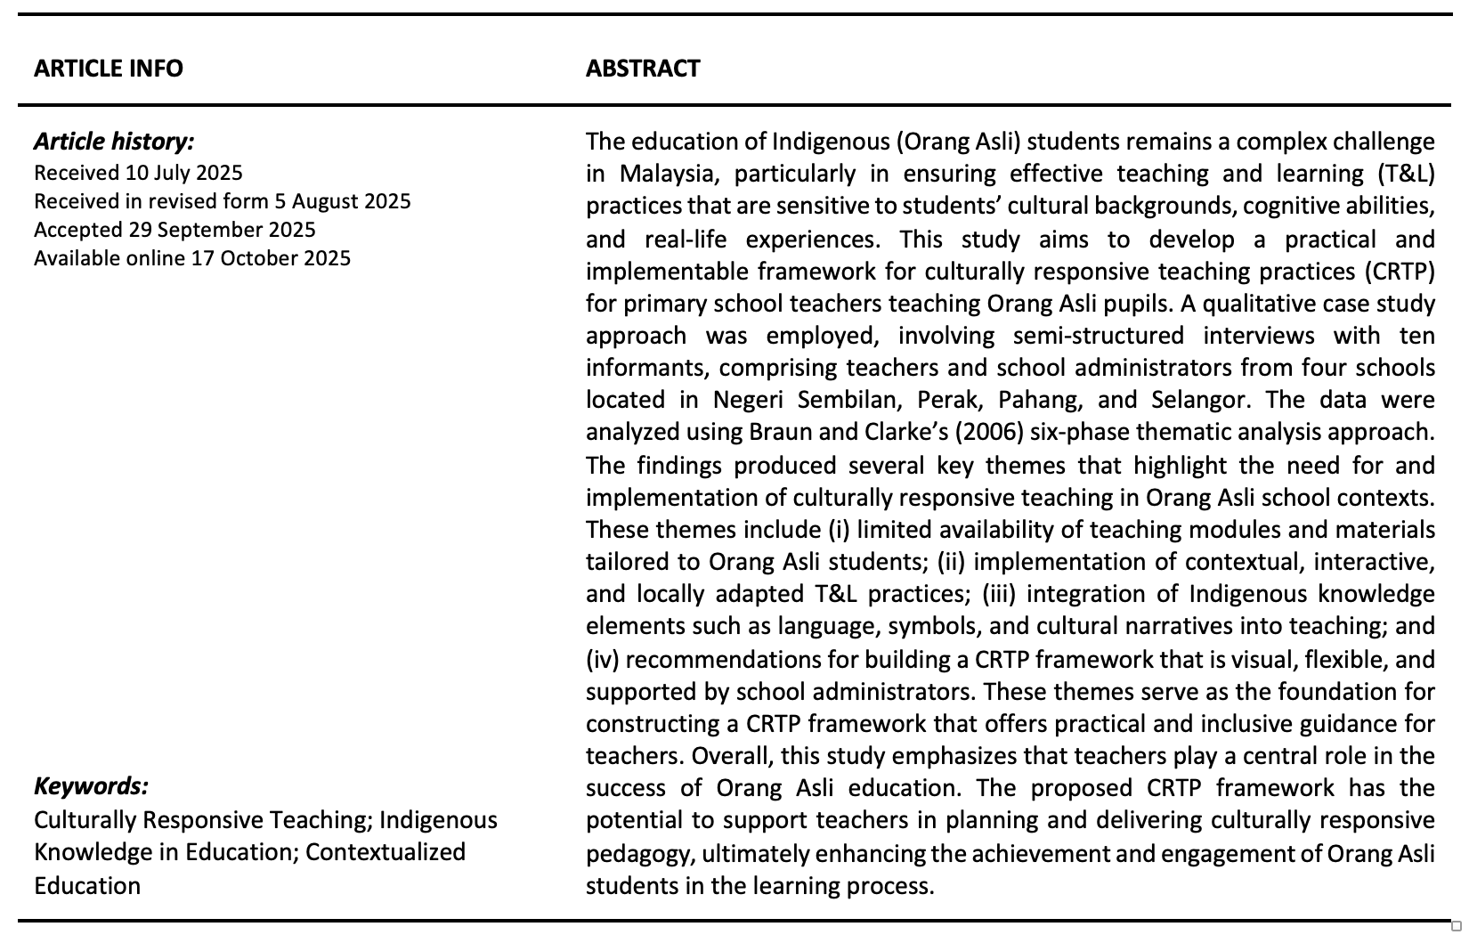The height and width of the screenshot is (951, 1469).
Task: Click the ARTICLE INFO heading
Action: [x=109, y=69]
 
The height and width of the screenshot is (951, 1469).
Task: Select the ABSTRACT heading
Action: [x=643, y=69]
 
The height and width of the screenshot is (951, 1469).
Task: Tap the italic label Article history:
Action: [x=114, y=142]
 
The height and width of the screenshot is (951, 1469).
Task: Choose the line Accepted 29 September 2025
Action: [x=174, y=230]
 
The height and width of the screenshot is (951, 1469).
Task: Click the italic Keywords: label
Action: [x=91, y=786]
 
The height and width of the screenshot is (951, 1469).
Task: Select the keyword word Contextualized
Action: [x=386, y=852]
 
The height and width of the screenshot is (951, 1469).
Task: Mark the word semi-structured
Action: [x=1099, y=336]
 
